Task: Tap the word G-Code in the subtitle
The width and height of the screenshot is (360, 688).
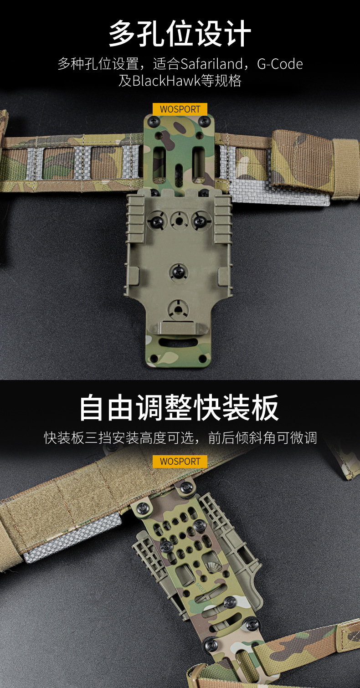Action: (280, 64)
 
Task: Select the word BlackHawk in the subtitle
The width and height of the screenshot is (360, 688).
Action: (167, 81)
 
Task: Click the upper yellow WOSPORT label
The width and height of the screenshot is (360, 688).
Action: (180, 109)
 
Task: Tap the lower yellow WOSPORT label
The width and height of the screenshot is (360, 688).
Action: (180, 461)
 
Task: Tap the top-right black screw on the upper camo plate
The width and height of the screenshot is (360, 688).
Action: (205, 122)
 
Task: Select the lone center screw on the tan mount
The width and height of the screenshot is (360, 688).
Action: (178, 272)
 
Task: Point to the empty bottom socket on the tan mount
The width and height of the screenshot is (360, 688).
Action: (178, 308)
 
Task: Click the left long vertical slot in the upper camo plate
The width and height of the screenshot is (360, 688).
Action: (159, 162)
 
